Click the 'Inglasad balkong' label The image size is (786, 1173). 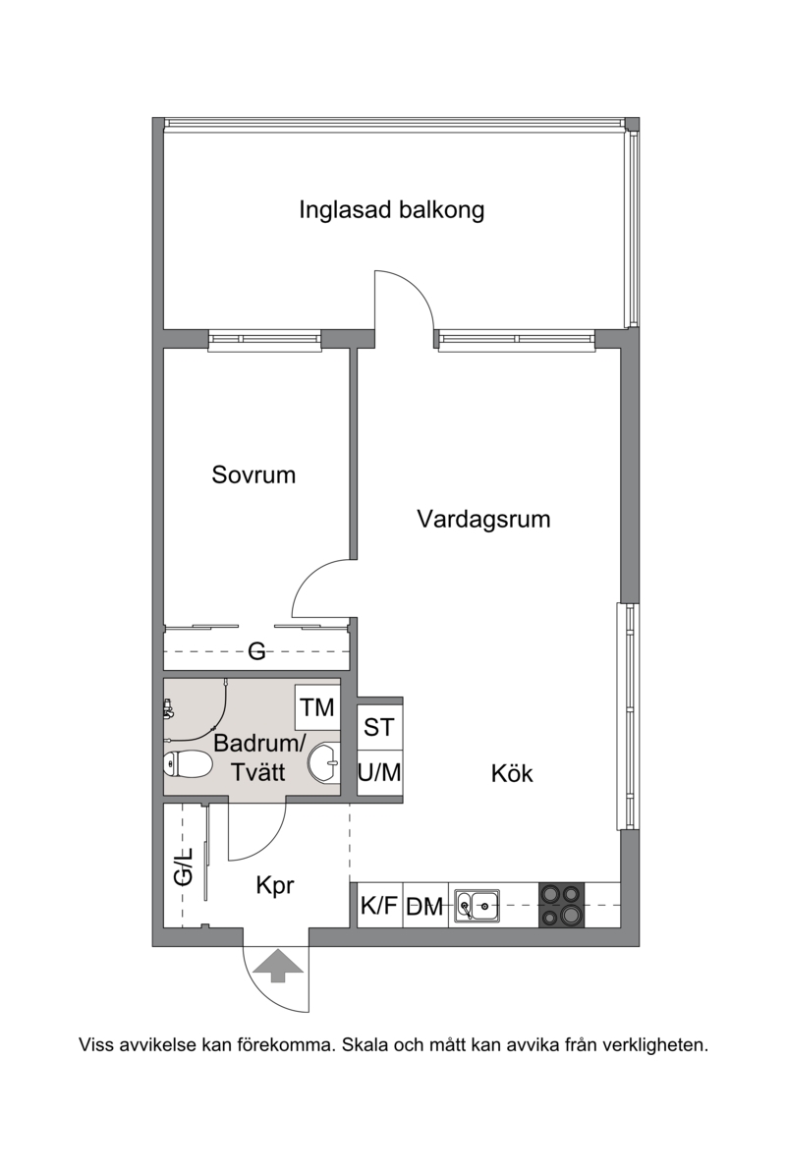tap(391, 210)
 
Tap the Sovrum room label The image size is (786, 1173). tap(253, 475)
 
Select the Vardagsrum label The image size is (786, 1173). tap(483, 519)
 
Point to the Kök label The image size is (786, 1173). tap(512, 773)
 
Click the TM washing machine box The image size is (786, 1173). tap(317, 707)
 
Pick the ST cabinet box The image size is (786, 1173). tap(379, 726)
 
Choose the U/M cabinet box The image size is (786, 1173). tap(379, 771)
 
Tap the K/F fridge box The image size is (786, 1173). tap(380, 905)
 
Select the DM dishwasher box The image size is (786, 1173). tap(424, 906)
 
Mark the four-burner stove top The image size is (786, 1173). tap(562, 905)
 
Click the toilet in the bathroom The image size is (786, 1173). tap(187, 764)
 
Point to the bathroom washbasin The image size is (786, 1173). tap(324, 763)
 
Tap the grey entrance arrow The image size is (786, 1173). tap(277, 965)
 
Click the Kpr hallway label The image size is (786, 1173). tap(275, 886)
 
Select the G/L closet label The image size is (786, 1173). tap(184, 866)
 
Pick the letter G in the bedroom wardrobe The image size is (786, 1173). tap(256, 651)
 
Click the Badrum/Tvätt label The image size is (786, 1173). tap(258, 757)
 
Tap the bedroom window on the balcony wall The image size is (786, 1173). tap(264, 341)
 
